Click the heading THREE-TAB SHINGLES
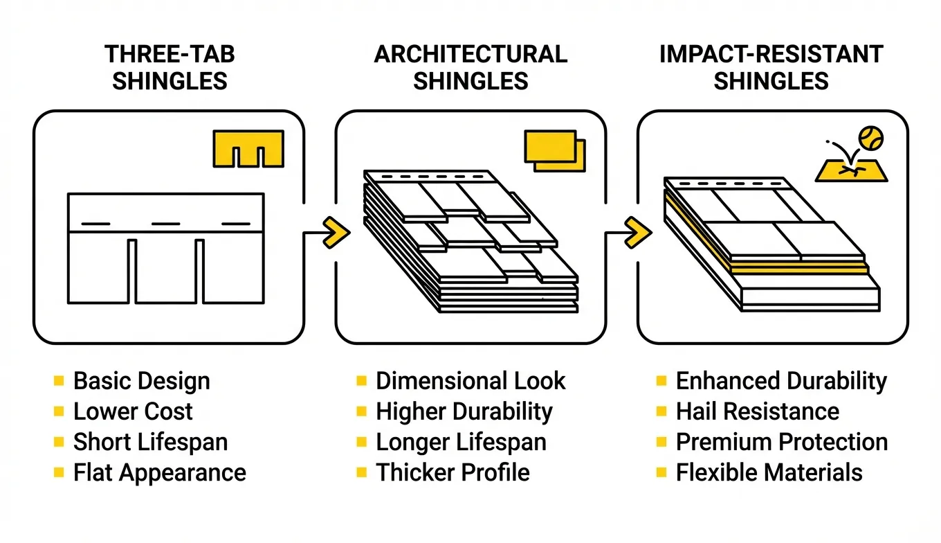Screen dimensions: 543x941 (x=170, y=67)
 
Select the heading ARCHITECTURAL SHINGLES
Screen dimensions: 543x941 (x=470, y=67)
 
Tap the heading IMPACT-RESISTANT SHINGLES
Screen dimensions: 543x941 (x=771, y=67)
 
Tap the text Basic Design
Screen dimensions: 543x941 (x=141, y=381)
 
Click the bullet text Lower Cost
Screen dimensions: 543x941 (x=133, y=411)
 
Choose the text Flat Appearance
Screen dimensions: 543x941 (x=159, y=472)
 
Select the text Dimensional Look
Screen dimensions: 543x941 (x=470, y=381)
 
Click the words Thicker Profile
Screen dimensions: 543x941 (x=453, y=472)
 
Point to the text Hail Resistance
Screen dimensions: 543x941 (x=757, y=411)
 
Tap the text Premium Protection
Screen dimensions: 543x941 (x=781, y=442)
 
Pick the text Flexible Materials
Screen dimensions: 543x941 (x=769, y=472)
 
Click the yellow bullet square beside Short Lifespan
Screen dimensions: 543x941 (x=58, y=441)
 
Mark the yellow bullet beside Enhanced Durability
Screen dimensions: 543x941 (x=661, y=380)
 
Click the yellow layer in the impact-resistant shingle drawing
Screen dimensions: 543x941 (x=796, y=267)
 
